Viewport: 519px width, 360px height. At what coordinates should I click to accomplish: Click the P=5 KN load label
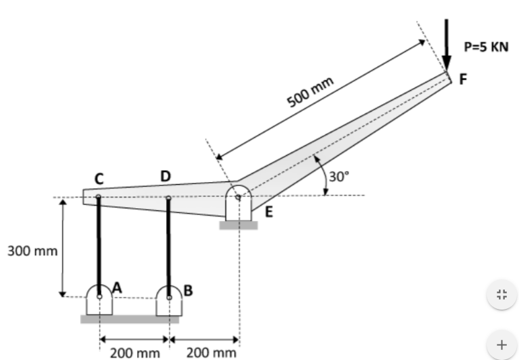[486, 47]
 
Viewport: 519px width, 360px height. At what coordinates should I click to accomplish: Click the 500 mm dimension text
[311, 93]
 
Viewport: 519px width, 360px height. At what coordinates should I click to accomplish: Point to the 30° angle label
[340, 177]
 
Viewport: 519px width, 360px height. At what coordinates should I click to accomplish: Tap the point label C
[99, 178]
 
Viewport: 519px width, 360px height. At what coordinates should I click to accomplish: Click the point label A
[117, 287]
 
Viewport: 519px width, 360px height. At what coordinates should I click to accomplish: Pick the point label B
[188, 291]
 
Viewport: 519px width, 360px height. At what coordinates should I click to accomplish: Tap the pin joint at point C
[99, 197]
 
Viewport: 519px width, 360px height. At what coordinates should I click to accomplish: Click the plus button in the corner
[500, 345]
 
